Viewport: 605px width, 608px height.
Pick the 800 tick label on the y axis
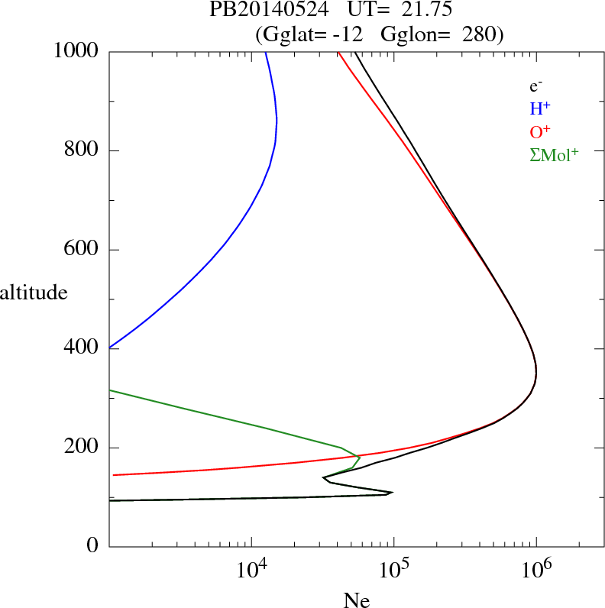click(x=82, y=150)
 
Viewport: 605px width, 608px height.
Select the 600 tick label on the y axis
click(x=82, y=250)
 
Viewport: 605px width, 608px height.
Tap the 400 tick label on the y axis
click(x=82, y=348)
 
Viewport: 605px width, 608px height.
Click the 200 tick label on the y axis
click(x=82, y=448)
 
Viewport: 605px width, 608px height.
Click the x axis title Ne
click(x=356, y=600)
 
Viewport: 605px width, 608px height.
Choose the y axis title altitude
click(x=34, y=292)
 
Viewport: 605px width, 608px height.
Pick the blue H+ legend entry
click(x=540, y=108)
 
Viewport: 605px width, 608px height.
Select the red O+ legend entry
click(x=540, y=131)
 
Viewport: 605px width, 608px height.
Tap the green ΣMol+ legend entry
click(x=554, y=154)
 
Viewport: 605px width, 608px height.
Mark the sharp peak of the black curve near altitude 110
click(x=392, y=493)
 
